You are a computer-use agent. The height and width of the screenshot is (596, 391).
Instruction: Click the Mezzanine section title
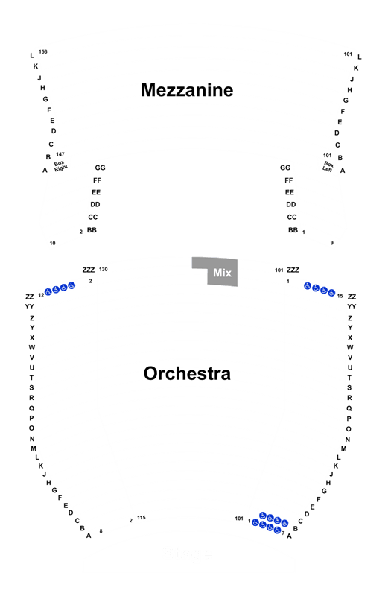click(x=187, y=90)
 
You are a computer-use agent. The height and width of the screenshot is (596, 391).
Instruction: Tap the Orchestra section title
click(x=187, y=373)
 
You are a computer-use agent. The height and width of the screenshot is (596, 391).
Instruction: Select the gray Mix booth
click(x=215, y=271)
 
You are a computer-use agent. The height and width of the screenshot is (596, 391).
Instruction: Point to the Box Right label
click(x=60, y=165)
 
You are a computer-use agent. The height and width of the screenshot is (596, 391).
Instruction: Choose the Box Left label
click(x=328, y=166)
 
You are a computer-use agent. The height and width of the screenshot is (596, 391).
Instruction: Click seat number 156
click(x=43, y=51)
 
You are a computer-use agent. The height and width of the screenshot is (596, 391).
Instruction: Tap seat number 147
click(x=60, y=154)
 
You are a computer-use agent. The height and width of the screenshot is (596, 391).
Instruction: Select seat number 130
click(x=104, y=269)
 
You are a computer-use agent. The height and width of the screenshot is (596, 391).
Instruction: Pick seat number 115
click(x=142, y=517)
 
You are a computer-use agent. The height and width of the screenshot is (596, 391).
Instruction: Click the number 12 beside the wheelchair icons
click(x=41, y=295)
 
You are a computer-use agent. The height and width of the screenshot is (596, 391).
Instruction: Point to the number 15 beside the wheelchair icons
click(x=340, y=296)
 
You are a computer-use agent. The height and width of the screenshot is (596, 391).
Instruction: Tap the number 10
click(x=52, y=243)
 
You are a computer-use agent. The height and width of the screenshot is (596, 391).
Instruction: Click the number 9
click(x=331, y=243)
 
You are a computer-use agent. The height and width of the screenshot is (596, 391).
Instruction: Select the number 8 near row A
click(x=101, y=531)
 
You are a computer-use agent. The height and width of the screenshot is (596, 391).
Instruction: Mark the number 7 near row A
click(x=283, y=533)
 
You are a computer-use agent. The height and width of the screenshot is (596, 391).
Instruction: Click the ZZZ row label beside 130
click(x=89, y=270)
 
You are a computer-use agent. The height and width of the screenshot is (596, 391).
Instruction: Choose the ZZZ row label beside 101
click(x=293, y=270)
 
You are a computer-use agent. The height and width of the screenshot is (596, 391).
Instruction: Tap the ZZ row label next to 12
click(x=30, y=297)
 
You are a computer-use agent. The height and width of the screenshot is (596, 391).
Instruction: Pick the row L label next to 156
click(x=32, y=55)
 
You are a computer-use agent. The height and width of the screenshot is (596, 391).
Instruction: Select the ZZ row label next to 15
click(x=352, y=297)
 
